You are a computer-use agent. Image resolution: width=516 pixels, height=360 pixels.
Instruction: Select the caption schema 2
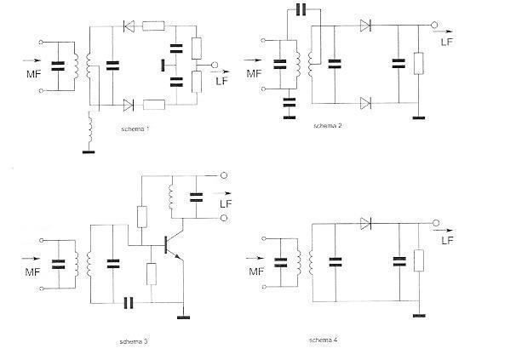(327, 125)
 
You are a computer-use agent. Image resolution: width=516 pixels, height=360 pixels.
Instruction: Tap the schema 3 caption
(133, 342)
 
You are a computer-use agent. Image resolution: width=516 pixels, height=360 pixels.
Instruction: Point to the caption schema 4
(323, 340)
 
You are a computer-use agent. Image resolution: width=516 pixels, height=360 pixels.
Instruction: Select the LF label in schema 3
(226, 203)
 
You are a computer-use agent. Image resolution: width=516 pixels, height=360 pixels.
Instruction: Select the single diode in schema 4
(366, 224)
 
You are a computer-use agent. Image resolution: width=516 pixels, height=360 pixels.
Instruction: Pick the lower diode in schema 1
(129, 106)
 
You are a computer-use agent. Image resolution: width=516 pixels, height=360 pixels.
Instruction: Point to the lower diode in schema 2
(366, 103)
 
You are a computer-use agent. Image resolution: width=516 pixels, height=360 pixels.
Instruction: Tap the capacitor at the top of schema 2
(299, 10)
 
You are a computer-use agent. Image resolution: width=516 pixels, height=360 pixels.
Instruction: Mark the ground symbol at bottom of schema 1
(88, 151)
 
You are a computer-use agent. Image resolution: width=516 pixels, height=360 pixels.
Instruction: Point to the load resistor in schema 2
(418, 64)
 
